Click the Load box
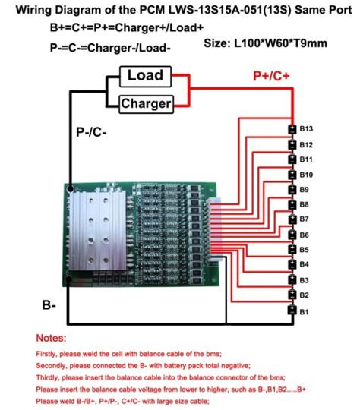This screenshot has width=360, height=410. pyautogui.click(x=145, y=76)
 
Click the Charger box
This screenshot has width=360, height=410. pyautogui.click(x=145, y=102)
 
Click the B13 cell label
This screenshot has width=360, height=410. pyautogui.click(x=307, y=130)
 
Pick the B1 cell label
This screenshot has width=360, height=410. pyautogui.click(x=304, y=311)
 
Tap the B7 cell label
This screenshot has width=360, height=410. pyautogui.click(x=304, y=219)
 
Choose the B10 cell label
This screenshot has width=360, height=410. pyautogui.click(x=307, y=175)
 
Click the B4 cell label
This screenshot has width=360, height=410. pyautogui.click(x=304, y=264)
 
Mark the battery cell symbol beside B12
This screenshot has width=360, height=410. pyautogui.click(x=290, y=145)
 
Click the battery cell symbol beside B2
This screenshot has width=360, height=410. pyautogui.click(x=290, y=295)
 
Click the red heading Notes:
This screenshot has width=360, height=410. pyautogui.click(x=51, y=337)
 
